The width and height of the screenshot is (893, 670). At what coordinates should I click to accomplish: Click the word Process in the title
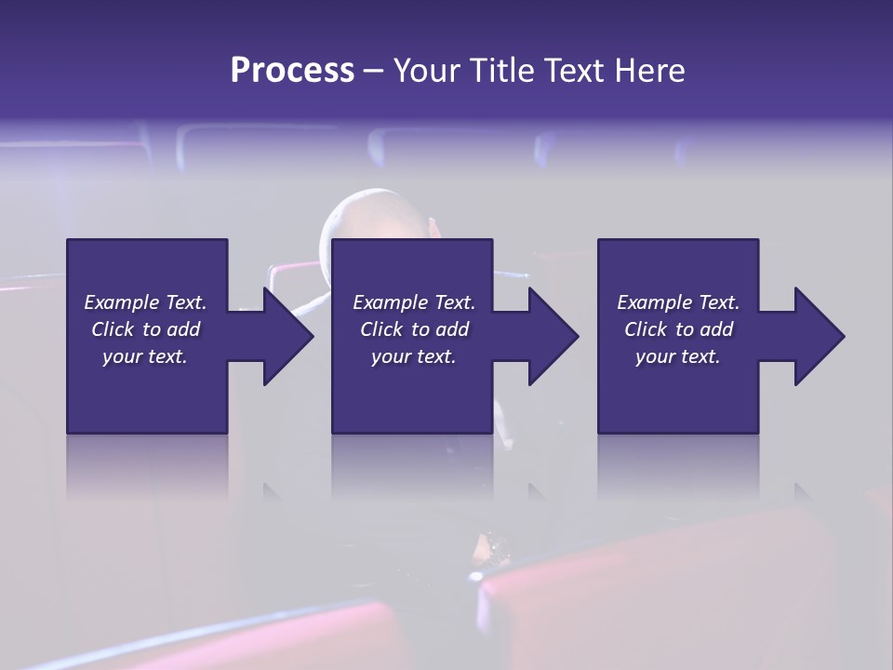click(x=292, y=71)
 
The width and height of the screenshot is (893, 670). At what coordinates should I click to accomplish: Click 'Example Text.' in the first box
click(x=145, y=302)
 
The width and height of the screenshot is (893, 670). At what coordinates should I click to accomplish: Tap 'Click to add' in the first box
click(x=145, y=329)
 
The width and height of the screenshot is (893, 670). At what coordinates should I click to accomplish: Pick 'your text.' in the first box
click(x=145, y=356)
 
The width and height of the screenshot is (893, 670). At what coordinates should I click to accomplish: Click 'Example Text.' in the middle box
click(x=413, y=302)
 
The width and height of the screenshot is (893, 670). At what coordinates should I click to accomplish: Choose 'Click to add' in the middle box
click(x=413, y=329)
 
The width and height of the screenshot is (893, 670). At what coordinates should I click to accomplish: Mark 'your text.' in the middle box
click(x=413, y=356)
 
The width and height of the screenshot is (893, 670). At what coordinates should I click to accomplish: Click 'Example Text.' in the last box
click(x=678, y=302)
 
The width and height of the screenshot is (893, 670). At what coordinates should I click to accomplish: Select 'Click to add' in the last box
click(x=678, y=329)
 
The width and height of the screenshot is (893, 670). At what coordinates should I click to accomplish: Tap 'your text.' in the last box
click(x=678, y=356)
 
